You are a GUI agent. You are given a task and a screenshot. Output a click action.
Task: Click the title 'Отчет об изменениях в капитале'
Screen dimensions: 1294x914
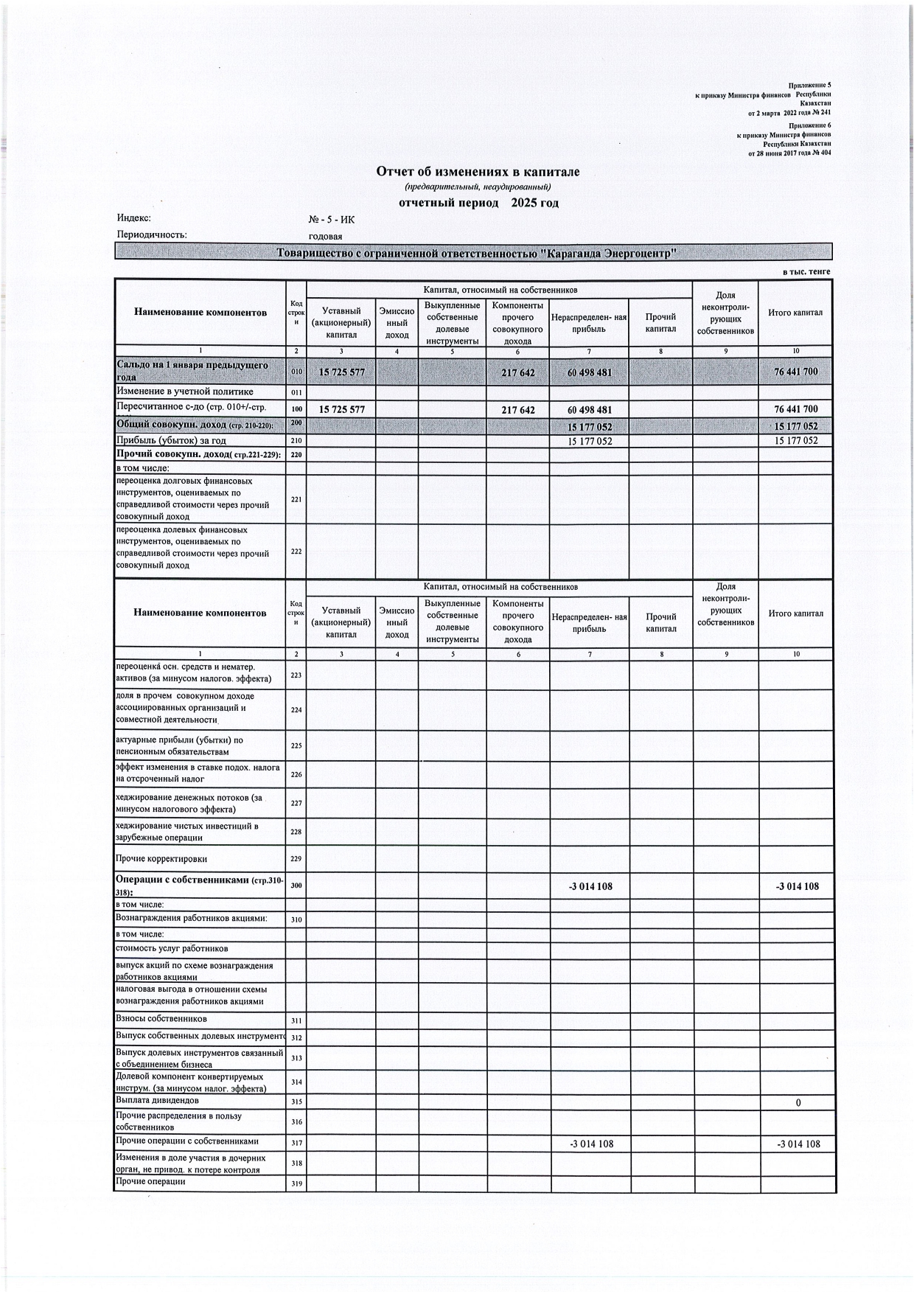coord(478,172)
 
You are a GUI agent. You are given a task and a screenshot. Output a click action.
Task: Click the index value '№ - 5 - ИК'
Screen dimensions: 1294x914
coord(331,219)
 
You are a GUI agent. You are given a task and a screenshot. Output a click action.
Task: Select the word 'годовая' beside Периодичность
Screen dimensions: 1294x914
coord(325,235)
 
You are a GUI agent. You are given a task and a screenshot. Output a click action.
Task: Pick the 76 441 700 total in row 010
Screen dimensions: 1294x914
coord(795,372)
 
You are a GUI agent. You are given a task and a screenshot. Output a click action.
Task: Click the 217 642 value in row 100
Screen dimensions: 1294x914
coord(517,409)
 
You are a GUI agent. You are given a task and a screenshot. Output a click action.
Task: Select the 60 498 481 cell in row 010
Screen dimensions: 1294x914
coord(589,372)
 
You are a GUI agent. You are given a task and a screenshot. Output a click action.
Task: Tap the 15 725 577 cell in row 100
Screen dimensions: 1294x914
coord(341,409)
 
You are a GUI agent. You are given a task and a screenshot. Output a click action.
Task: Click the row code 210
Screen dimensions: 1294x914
coord(296,441)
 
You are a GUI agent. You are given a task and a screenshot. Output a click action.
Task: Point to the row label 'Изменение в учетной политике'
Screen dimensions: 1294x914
coord(184,392)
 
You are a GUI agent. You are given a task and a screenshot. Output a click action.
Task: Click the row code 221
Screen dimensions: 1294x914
coord(296,499)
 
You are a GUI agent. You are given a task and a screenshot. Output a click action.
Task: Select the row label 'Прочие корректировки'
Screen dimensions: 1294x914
coord(161,859)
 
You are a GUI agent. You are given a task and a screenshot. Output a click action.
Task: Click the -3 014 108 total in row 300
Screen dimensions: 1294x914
coord(797,886)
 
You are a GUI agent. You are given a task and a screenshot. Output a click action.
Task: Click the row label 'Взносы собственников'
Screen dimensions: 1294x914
coord(161,1019)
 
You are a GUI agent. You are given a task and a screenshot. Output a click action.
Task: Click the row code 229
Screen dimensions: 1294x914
coord(296,859)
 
